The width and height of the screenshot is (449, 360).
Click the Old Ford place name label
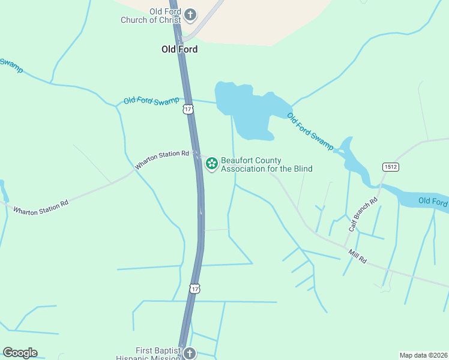(179, 49)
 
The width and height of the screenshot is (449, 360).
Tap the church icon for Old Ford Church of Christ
(190, 14)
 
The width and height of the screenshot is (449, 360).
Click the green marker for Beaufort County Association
(211, 164)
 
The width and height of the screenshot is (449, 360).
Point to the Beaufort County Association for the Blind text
(267, 164)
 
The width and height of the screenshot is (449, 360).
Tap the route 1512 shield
(391, 166)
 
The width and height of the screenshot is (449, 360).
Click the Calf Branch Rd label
(363, 214)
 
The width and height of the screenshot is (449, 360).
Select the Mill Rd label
(358, 256)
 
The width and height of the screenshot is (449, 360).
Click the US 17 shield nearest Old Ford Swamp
(188, 109)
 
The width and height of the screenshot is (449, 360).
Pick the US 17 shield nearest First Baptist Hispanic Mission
(194, 289)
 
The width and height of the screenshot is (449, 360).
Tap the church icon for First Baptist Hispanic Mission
(190, 353)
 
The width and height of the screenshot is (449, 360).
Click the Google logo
(20, 353)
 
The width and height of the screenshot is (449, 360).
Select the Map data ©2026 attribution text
(423, 355)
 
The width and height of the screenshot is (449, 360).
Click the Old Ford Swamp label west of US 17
(151, 100)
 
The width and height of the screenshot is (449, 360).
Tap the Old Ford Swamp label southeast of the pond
(310, 131)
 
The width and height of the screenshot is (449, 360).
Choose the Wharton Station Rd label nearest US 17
(161, 159)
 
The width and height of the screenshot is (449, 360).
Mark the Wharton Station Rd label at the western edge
(41, 207)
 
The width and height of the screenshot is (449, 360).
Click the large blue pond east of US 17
(246, 108)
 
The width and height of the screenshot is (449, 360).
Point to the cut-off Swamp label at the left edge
(11, 65)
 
